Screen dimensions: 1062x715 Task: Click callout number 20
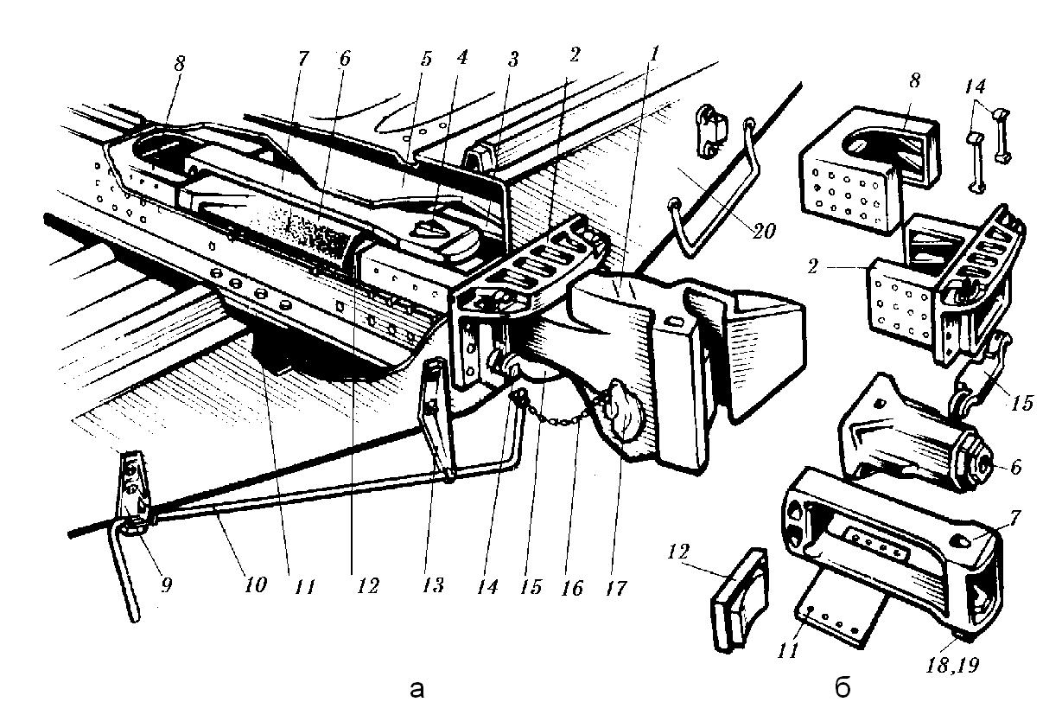[x=763, y=231]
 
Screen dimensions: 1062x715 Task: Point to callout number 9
[x=166, y=585]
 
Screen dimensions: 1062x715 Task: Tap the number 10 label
[x=256, y=585]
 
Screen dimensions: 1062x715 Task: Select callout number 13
[x=433, y=586]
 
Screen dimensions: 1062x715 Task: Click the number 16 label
[x=572, y=588]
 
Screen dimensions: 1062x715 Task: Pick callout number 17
[x=615, y=588]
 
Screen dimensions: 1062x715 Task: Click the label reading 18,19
[x=952, y=665]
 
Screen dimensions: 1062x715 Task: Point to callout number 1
[x=655, y=54]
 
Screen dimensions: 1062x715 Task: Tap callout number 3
[x=512, y=60]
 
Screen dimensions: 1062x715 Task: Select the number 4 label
[x=461, y=56]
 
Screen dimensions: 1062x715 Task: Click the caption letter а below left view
[x=417, y=689]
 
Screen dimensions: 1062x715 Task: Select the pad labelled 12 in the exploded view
[x=740, y=600]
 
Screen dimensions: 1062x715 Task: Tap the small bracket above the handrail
[x=710, y=131]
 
